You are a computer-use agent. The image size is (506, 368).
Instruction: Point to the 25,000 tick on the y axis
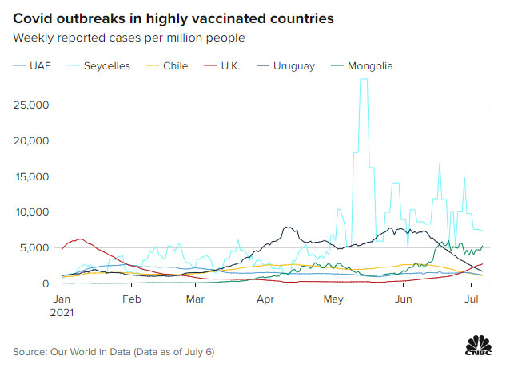click(x=34, y=105)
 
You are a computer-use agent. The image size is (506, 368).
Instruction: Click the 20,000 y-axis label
click(x=34, y=140)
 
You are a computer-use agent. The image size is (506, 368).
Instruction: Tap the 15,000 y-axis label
click(x=34, y=176)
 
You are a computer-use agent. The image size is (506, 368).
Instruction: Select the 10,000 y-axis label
click(x=34, y=212)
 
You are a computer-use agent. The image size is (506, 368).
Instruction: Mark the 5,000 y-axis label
click(x=37, y=247)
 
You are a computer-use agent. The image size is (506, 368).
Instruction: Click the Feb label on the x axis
click(x=132, y=299)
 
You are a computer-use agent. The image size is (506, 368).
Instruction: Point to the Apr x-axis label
click(x=266, y=299)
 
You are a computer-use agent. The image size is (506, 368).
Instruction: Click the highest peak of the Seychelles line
click(x=364, y=80)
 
